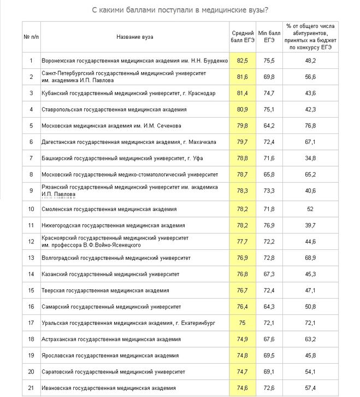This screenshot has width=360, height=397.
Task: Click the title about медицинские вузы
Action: [x=182, y=10]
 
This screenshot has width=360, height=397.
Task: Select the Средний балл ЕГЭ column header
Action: [x=242, y=37]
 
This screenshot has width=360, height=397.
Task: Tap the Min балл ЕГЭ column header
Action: [x=269, y=37]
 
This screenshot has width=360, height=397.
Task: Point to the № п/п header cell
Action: [x=31, y=37]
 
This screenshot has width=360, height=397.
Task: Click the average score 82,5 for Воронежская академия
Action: [x=242, y=61]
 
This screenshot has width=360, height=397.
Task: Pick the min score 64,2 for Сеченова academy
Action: [x=269, y=126]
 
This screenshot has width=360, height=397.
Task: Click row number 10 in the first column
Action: [x=31, y=208]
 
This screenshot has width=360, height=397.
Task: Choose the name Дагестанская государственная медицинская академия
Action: [x=128, y=142]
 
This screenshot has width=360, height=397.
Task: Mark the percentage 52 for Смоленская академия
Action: [x=310, y=208]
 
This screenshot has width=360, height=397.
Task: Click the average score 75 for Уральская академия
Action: [x=242, y=323]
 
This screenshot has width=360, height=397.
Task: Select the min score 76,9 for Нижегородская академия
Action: [x=269, y=225]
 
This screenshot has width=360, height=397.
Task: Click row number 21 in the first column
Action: [x=31, y=388]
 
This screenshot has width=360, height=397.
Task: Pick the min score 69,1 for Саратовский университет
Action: [x=269, y=372]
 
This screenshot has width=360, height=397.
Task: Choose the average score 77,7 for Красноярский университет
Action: [x=242, y=241]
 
